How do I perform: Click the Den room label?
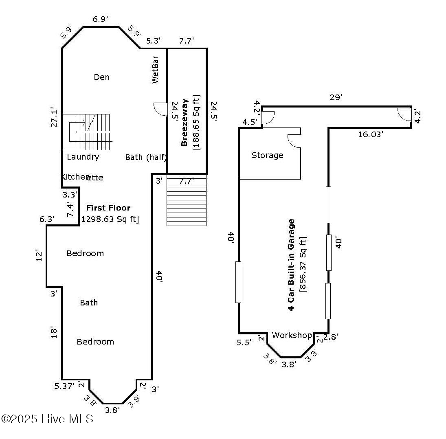coord(101,77)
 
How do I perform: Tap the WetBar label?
coord(155,73)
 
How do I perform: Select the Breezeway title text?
coord(184,122)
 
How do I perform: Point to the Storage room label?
coord(267,155)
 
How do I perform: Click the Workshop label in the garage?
coord(292,335)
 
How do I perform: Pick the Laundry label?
coord(83,157)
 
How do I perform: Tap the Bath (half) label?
coord(146,157)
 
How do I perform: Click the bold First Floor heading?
coord(108,208)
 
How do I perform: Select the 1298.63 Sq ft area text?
coord(110,219)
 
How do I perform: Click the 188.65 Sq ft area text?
coord(196,123)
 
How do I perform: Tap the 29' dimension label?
coord(336,98)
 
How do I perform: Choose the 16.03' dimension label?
coord(370,134)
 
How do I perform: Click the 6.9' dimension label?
coord(101,19)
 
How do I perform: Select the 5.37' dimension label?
coord(64,386)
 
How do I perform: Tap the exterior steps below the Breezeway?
coord(187,200)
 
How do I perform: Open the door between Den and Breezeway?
coord(160,109)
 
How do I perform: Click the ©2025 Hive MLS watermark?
coord(47,418)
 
